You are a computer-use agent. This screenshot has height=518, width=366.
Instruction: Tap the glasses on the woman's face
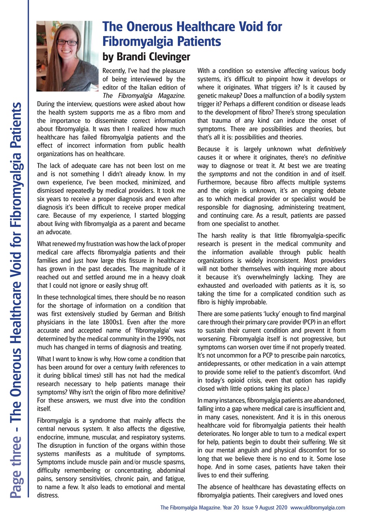pos(67,43)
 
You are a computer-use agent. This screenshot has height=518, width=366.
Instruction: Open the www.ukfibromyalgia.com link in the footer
pos(317,507)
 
